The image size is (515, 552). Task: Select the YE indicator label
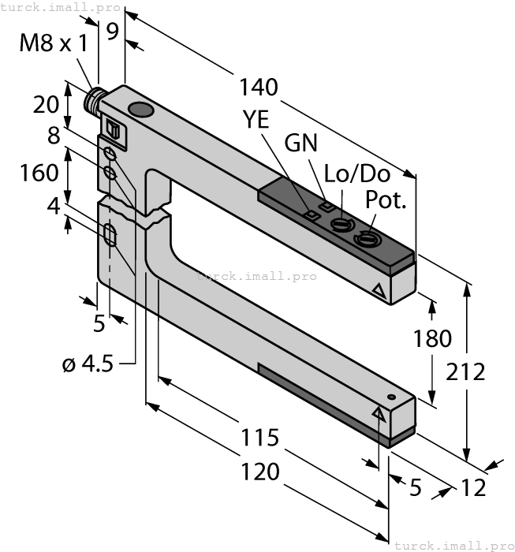click(x=255, y=120)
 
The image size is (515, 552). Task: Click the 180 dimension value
click(x=432, y=338)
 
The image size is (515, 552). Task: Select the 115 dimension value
click(x=260, y=437)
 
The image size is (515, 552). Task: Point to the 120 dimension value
click(x=260, y=472)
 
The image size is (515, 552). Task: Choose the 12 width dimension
click(x=473, y=488)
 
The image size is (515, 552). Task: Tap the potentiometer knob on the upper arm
click(x=366, y=237)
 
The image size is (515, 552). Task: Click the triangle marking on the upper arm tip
click(x=382, y=293)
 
